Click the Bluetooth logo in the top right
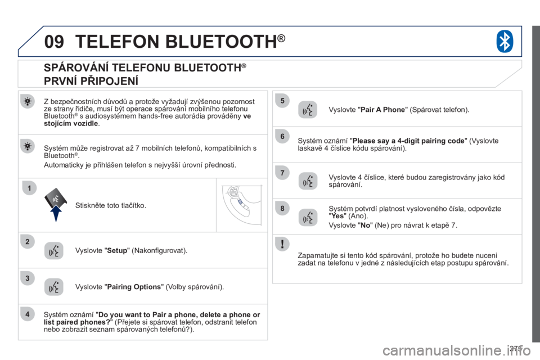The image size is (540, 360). pyautogui.click(x=504, y=41)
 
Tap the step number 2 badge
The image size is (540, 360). pyautogui.click(x=26, y=242)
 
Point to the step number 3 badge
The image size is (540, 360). pyautogui.click(x=26, y=277)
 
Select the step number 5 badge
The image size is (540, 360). pyautogui.click(x=282, y=101)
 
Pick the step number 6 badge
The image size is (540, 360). pyautogui.click(x=282, y=136)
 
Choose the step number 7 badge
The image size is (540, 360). pyautogui.click(x=282, y=171)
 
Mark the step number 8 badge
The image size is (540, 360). pyautogui.click(x=282, y=208)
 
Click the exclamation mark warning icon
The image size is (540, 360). pyautogui.click(x=282, y=244)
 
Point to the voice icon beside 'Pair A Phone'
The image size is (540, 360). pyautogui.click(x=308, y=110)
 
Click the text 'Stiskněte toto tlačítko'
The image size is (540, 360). pyautogui.click(x=110, y=205)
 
